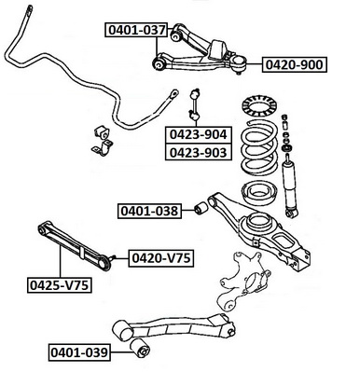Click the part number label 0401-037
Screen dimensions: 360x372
pos(136,30)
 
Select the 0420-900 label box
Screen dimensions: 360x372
pos(295,64)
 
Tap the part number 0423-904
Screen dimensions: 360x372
pos(199,134)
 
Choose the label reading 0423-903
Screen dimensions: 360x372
pos(199,152)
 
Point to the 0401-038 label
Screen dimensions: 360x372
pos(149,211)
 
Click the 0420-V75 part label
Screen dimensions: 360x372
pos(161,257)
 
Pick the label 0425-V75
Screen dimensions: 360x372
pos(60,285)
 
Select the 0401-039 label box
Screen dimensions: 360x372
pos(79,352)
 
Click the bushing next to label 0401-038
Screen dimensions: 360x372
pos(201,208)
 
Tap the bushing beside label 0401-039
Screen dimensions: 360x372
pos(140,349)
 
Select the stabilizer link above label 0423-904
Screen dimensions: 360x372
pos(195,104)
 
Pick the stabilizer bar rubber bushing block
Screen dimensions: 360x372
pos(101,132)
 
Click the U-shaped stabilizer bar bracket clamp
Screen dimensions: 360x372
pos(103,148)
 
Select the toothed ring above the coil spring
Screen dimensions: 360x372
pos(257,107)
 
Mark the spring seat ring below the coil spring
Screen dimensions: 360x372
pos(257,193)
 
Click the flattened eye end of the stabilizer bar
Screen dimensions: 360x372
pos(173,93)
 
